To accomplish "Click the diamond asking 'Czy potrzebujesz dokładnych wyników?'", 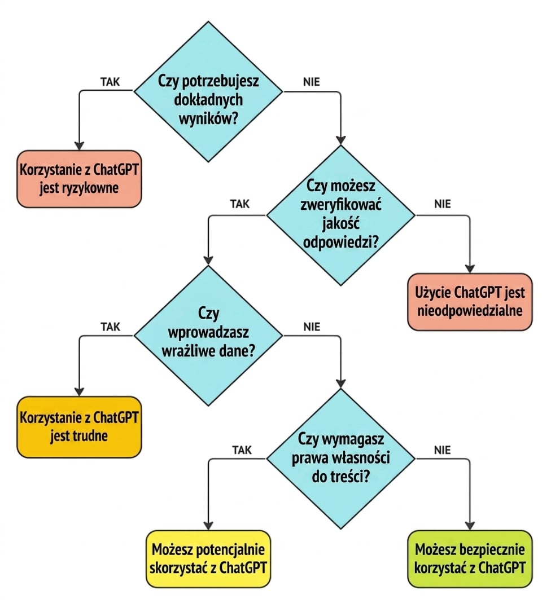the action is pos(208,91).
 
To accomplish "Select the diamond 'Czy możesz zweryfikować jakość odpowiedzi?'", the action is pos(340,215).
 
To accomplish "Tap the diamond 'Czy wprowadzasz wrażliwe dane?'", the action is pos(208,336).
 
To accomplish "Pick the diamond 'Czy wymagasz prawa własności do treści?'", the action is pos(340,459).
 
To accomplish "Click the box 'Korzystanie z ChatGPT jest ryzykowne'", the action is pos(79,179).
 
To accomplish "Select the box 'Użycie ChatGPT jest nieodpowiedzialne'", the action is pos(470,302).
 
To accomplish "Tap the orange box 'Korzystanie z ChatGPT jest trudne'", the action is pos(79,426).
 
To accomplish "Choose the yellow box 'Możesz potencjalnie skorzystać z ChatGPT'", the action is pos(208,559).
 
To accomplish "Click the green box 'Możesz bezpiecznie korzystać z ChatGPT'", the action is pos(470,559).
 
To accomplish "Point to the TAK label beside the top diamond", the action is pos(110,82).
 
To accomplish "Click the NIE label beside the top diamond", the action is pos(312,82).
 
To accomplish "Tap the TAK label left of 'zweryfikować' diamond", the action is pos(240,204).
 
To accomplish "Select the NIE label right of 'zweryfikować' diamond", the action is pos(443,204).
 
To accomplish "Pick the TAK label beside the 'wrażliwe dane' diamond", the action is pos(110,327).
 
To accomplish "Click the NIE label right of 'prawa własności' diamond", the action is pos(443,450).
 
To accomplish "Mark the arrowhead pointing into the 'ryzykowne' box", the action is pos(79,146).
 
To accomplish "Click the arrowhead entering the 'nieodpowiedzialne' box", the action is pos(470,268).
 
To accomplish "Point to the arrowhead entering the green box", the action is pos(470,526).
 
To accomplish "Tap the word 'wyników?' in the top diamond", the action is pos(208,118).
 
